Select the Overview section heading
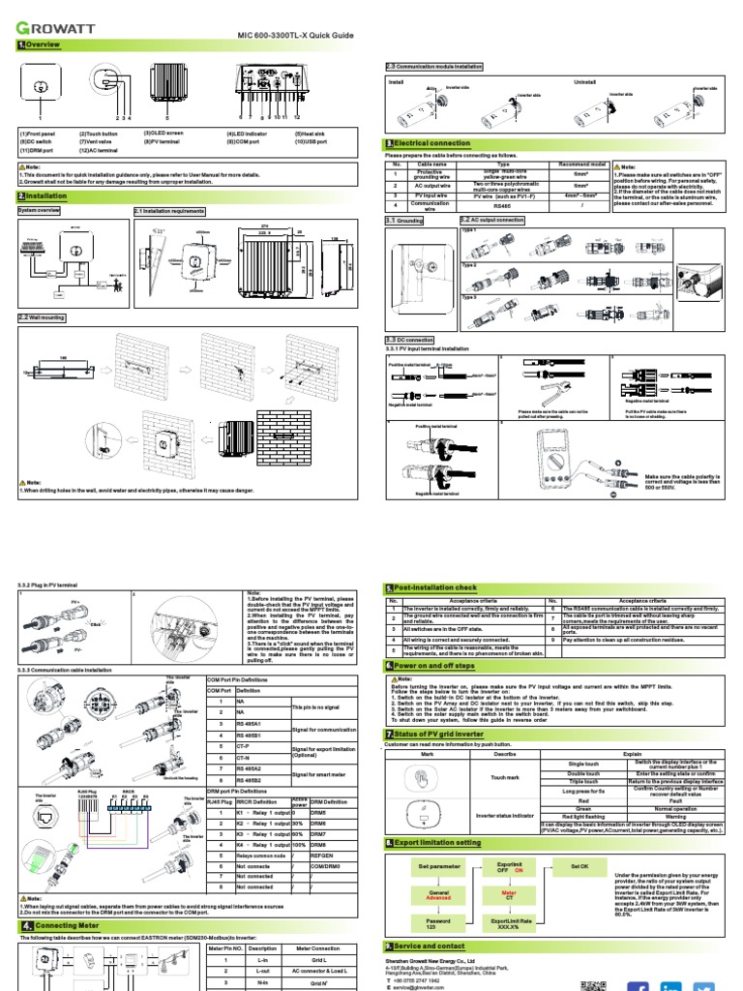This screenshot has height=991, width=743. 39,45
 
